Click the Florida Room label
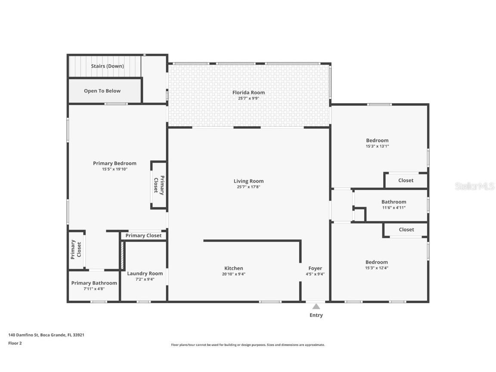(248, 93)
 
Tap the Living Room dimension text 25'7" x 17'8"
(248, 187)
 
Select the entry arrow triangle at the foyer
(316, 307)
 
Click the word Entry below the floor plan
(316, 315)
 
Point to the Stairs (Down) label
(107, 66)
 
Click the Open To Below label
(102, 91)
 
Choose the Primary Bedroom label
(115, 163)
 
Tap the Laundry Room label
(145, 273)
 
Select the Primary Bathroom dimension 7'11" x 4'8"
(94, 289)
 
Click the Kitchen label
(234, 268)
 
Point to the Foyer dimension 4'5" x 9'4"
(315, 274)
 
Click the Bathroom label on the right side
(394, 202)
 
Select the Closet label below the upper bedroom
(406, 180)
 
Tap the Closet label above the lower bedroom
(406, 229)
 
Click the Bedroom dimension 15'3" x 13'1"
(377, 146)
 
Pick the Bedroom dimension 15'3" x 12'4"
(377, 268)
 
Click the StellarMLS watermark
(474, 186)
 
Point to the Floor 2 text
(15, 343)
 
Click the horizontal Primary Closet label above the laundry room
(143, 236)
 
